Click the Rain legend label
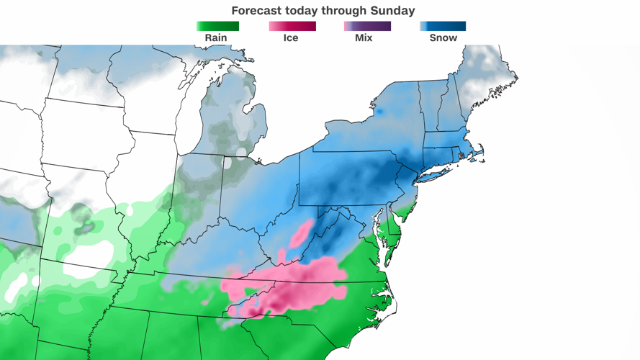click(x=216, y=37)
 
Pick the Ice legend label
click(x=290, y=37)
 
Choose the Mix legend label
click(x=364, y=37)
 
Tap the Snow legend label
click(x=443, y=37)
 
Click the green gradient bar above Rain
click(x=217, y=26)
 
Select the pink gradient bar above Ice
click(x=292, y=26)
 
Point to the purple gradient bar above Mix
click(x=367, y=26)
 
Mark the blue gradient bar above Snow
click(x=443, y=26)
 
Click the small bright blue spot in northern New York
click(x=378, y=112)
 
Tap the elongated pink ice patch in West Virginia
click(x=302, y=233)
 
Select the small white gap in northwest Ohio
click(x=227, y=163)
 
